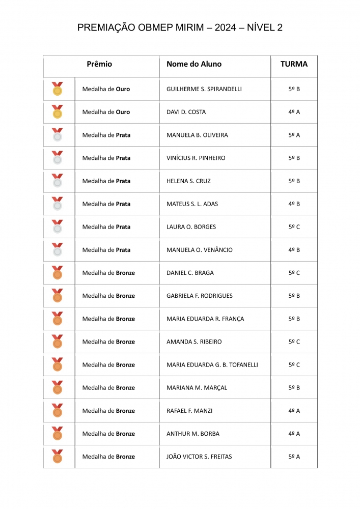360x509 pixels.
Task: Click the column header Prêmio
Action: pos(99,64)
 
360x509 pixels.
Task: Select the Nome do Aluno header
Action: pos(194,64)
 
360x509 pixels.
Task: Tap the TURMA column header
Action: pos(294,64)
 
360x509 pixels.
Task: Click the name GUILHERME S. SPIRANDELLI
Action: pos(204,89)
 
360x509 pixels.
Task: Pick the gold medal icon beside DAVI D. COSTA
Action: pos(58,112)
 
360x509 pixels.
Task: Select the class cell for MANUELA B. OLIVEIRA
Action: pos(294,135)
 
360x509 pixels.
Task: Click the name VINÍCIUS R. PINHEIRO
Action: pos(196,158)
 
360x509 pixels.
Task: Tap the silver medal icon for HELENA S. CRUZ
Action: pos(58,181)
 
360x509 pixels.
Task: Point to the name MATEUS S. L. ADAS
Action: pos(192,204)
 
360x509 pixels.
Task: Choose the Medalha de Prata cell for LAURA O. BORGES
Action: pos(106,227)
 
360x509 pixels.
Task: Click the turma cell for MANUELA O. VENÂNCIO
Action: pos(294,250)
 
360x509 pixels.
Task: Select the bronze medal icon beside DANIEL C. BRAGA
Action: pos(58,273)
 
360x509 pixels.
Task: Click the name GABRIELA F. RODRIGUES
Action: pos(200,296)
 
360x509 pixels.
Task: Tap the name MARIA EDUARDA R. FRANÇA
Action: pos(205,319)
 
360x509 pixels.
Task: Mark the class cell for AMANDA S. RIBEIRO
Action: pos(294,342)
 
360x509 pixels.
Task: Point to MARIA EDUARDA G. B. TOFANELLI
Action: pos(212,365)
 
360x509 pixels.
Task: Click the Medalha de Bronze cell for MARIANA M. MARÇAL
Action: pos(108,388)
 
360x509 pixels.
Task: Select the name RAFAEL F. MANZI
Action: pos(189,411)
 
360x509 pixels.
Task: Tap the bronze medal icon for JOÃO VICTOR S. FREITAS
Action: pos(58,457)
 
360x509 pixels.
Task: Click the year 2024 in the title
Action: pos(225,28)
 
